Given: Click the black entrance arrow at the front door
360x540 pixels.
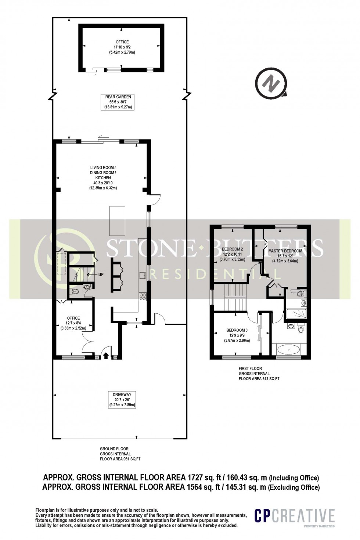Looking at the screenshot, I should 106,355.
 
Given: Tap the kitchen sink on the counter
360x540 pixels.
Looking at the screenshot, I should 143,275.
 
